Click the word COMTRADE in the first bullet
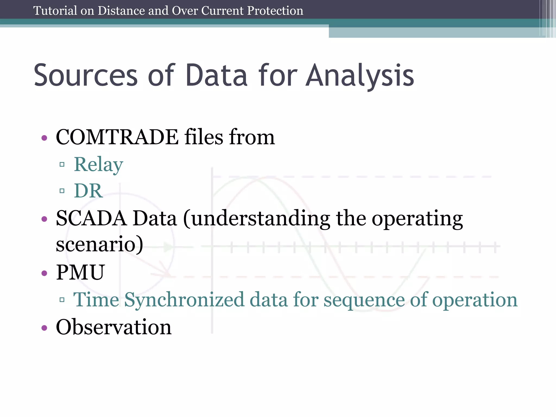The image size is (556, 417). coord(117,137)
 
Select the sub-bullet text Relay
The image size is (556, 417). coord(98,165)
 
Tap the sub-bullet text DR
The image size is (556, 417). coord(88,191)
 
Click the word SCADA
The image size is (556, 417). coord(91,219)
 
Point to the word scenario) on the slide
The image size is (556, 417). coord(99,244)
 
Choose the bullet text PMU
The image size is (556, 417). coord(80,272)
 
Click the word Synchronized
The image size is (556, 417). coord(184,300)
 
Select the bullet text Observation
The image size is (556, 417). coord(113,327)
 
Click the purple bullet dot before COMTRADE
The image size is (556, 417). coord(44,138)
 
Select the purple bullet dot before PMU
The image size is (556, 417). coord(44,273)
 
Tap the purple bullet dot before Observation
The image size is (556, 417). coord(44,328)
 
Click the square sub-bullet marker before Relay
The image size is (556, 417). coord(62,165)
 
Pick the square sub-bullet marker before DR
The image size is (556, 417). coord(62,191)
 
